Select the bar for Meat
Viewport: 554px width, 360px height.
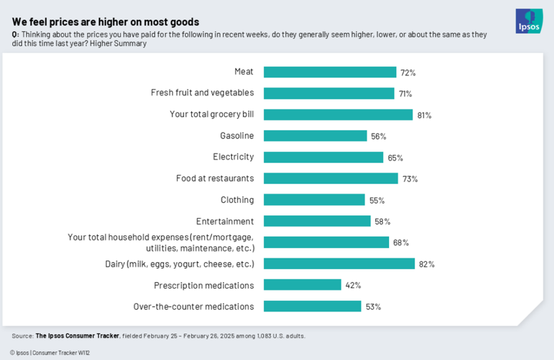click(330, 72)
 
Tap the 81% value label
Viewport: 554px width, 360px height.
click(424, 115)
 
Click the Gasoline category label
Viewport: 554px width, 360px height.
click(236, 135)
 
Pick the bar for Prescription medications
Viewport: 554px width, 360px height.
click(302, 285)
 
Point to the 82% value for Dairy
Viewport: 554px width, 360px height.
click(426, 264)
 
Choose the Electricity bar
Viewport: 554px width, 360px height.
click(324, 157)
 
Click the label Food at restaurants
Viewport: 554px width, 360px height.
click(215, 178)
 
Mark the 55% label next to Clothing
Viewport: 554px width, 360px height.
click(377, 200)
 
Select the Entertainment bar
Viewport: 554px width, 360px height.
click(317, 221)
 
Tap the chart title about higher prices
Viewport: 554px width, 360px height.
click(106, 22)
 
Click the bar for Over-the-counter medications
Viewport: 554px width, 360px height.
click(312, 306)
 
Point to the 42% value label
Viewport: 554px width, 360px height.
click(353, 285)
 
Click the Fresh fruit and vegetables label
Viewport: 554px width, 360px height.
click(202, 93)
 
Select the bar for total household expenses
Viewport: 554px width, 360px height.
click(326, 243)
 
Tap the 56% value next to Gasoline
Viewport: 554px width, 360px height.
click(379, 136)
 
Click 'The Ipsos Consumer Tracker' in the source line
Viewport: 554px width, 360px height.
click(77, 336)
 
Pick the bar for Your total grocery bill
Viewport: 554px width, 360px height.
click(338, 115)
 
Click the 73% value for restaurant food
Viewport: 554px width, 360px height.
click(410, 179)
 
